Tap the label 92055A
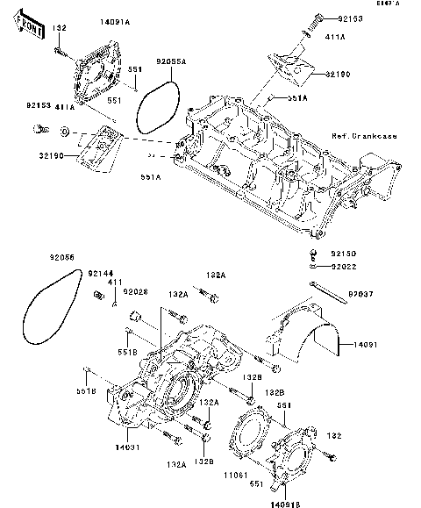(170, 62)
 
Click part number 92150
(344, 254)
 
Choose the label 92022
(344, 265)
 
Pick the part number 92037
(361, 285)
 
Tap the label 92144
(99, 275)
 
